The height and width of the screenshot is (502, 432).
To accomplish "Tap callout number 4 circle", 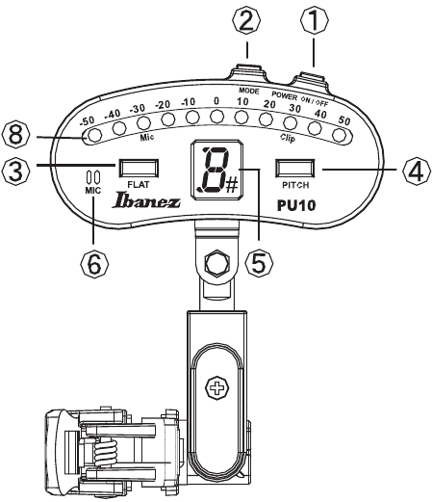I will pos(415,171).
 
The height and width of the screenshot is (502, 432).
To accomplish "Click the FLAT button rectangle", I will pos(135,165).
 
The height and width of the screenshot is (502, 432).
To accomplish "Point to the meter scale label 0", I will pos(216,100).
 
